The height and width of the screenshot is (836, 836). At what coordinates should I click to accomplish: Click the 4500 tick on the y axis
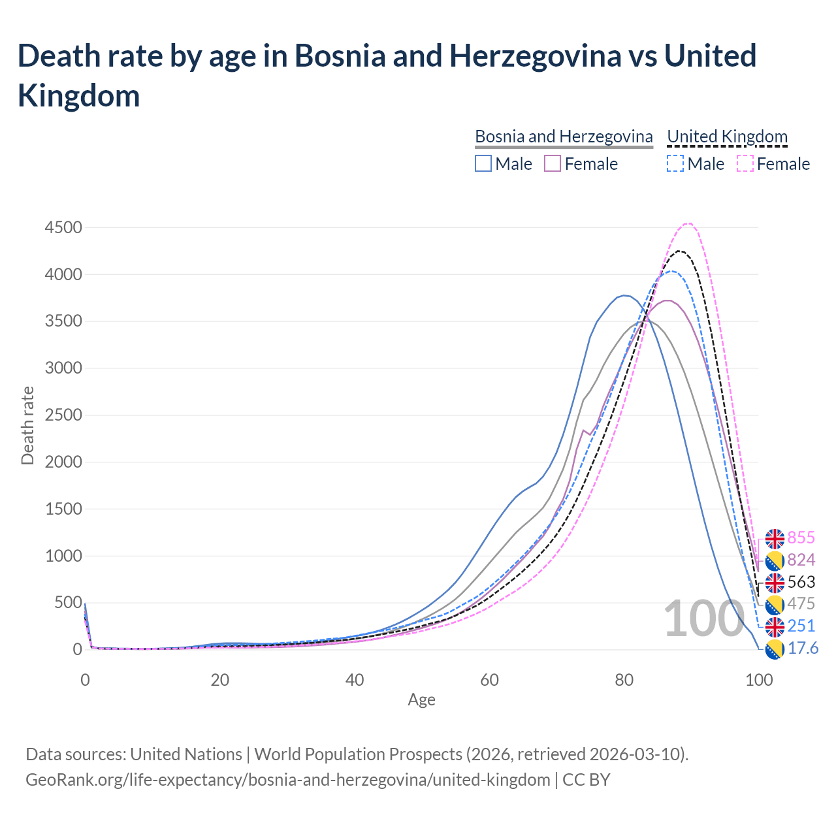point(63,228)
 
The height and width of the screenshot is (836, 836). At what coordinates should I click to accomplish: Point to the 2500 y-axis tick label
point(63,415)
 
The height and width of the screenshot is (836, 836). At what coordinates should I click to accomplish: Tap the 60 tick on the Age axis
point(489,680)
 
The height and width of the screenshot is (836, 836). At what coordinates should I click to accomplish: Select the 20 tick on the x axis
point(220,680)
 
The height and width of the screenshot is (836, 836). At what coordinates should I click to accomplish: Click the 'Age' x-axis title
point(421,700)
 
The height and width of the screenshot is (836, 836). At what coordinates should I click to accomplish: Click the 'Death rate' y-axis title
point(27,426)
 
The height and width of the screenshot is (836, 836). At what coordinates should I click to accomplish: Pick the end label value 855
point(801,538)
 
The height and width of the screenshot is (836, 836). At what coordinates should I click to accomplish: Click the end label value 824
point(801,560)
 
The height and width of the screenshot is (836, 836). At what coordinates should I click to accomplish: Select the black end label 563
point(801,582)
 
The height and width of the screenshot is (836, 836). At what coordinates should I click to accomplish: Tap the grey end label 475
point(801,603)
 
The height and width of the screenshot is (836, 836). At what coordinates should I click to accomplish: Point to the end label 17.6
point(803,648)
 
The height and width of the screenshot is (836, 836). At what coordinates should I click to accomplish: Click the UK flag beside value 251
point(775,627)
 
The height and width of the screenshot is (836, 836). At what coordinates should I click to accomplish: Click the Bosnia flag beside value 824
point(775,560)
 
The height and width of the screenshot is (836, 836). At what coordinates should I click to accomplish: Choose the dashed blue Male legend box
point(675,163)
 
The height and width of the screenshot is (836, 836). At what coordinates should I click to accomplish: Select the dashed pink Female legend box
point(745,163)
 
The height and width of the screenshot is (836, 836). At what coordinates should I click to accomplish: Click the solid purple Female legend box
point(553,163)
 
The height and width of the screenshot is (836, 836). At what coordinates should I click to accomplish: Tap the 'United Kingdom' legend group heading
point(727,137)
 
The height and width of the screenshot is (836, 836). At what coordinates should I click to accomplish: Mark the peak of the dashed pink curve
point(688,223)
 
